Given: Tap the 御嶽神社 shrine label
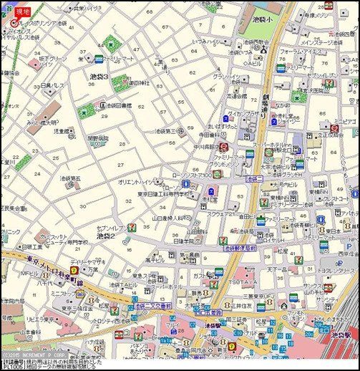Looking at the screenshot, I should point(140,82).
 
